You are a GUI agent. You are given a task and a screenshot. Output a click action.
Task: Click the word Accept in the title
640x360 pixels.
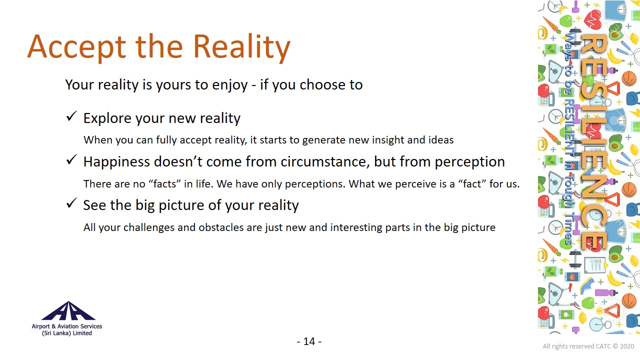pyautogui.click(x=77, y=47)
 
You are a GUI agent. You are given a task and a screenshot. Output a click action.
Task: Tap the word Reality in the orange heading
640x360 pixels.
pyautogui.click(x=241, y=47)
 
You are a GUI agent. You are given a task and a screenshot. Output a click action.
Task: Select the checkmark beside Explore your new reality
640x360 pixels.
pyautogui.click(x=71, y=116)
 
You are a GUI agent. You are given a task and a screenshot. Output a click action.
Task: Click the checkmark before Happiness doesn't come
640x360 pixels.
pyautogui.click(x=71, y=160)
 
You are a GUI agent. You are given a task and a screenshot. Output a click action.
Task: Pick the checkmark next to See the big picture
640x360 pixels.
pyautogui.click(x=71, y=203)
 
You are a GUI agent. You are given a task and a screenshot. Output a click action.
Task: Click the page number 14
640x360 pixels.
pyautogui.click(x=309, y=341)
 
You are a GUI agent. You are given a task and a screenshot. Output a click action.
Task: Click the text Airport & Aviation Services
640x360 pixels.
pyautogui.click(x=67, y=326)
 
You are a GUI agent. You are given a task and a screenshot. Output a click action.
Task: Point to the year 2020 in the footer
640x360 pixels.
pyautogui.click(x=627, y=346)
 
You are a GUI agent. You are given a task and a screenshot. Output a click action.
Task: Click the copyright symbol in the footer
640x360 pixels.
pyautogui.click(x=615, y=346)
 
